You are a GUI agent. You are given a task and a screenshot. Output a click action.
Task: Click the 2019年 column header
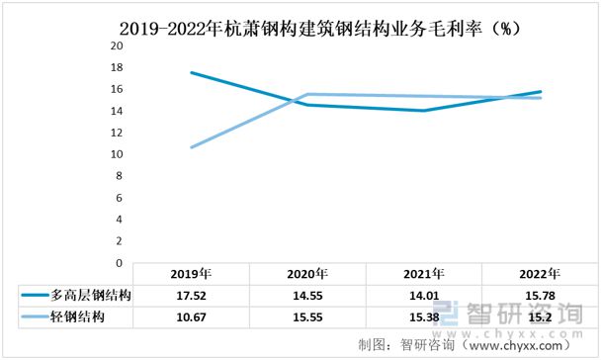191,274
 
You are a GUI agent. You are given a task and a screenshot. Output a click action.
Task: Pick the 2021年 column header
424,274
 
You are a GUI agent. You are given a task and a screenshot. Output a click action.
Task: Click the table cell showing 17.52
191,296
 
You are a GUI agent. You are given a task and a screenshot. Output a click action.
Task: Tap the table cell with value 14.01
424,296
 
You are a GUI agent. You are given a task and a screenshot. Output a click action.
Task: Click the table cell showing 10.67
191,316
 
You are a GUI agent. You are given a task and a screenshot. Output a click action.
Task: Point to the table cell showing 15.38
424,316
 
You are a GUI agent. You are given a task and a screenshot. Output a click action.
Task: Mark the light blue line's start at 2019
191,147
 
